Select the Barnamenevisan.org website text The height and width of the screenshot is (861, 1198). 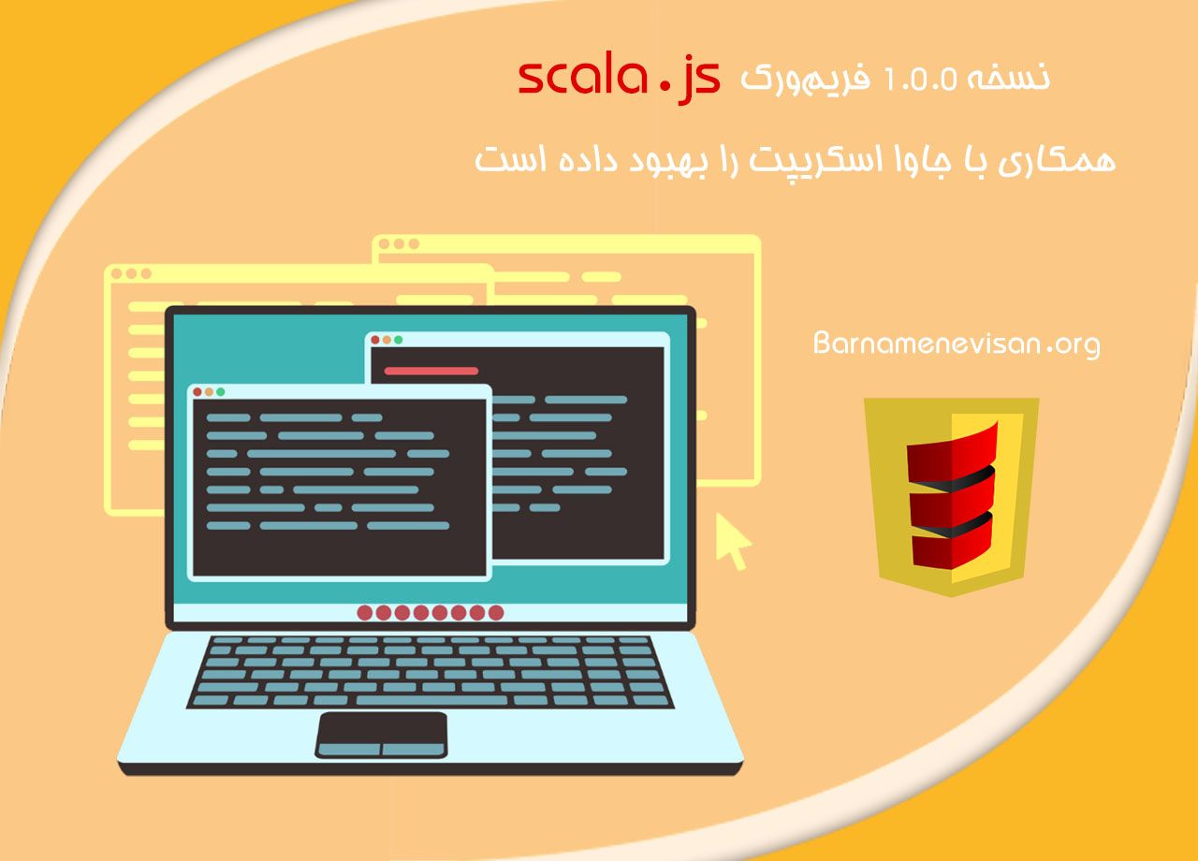click(957, 344)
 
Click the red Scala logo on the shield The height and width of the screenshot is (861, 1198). click(951, 496)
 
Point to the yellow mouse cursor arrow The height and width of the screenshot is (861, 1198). click(734, 540)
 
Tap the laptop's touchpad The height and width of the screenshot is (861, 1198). click(381, 734)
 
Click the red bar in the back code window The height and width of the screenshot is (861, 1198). click(431, 371)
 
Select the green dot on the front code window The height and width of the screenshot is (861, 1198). click(222, 392)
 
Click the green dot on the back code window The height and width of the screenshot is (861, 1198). click(399, 340)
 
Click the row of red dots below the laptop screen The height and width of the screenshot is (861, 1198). click(430, 613)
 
